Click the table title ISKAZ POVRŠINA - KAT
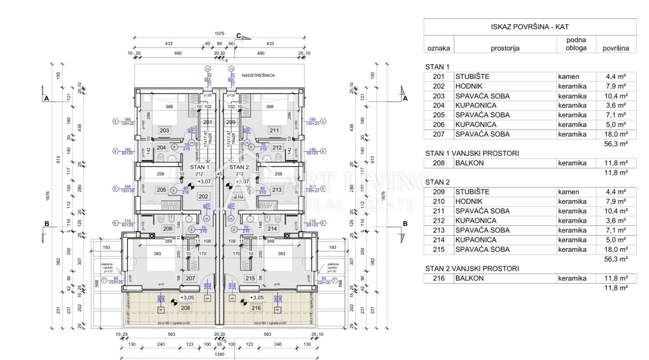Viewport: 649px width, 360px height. (526, 26)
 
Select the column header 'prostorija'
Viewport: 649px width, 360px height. (505, 48)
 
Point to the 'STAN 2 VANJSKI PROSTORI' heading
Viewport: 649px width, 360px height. (472, 268)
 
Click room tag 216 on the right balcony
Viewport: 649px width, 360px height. (256, 308)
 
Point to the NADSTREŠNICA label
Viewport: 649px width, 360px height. (259, 76)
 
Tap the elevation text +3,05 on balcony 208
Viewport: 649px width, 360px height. (187, 298)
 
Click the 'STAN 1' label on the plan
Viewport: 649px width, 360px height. (198, 167)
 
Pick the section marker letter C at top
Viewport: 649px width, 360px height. (239, 36)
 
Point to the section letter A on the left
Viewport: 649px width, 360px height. (47, 98)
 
